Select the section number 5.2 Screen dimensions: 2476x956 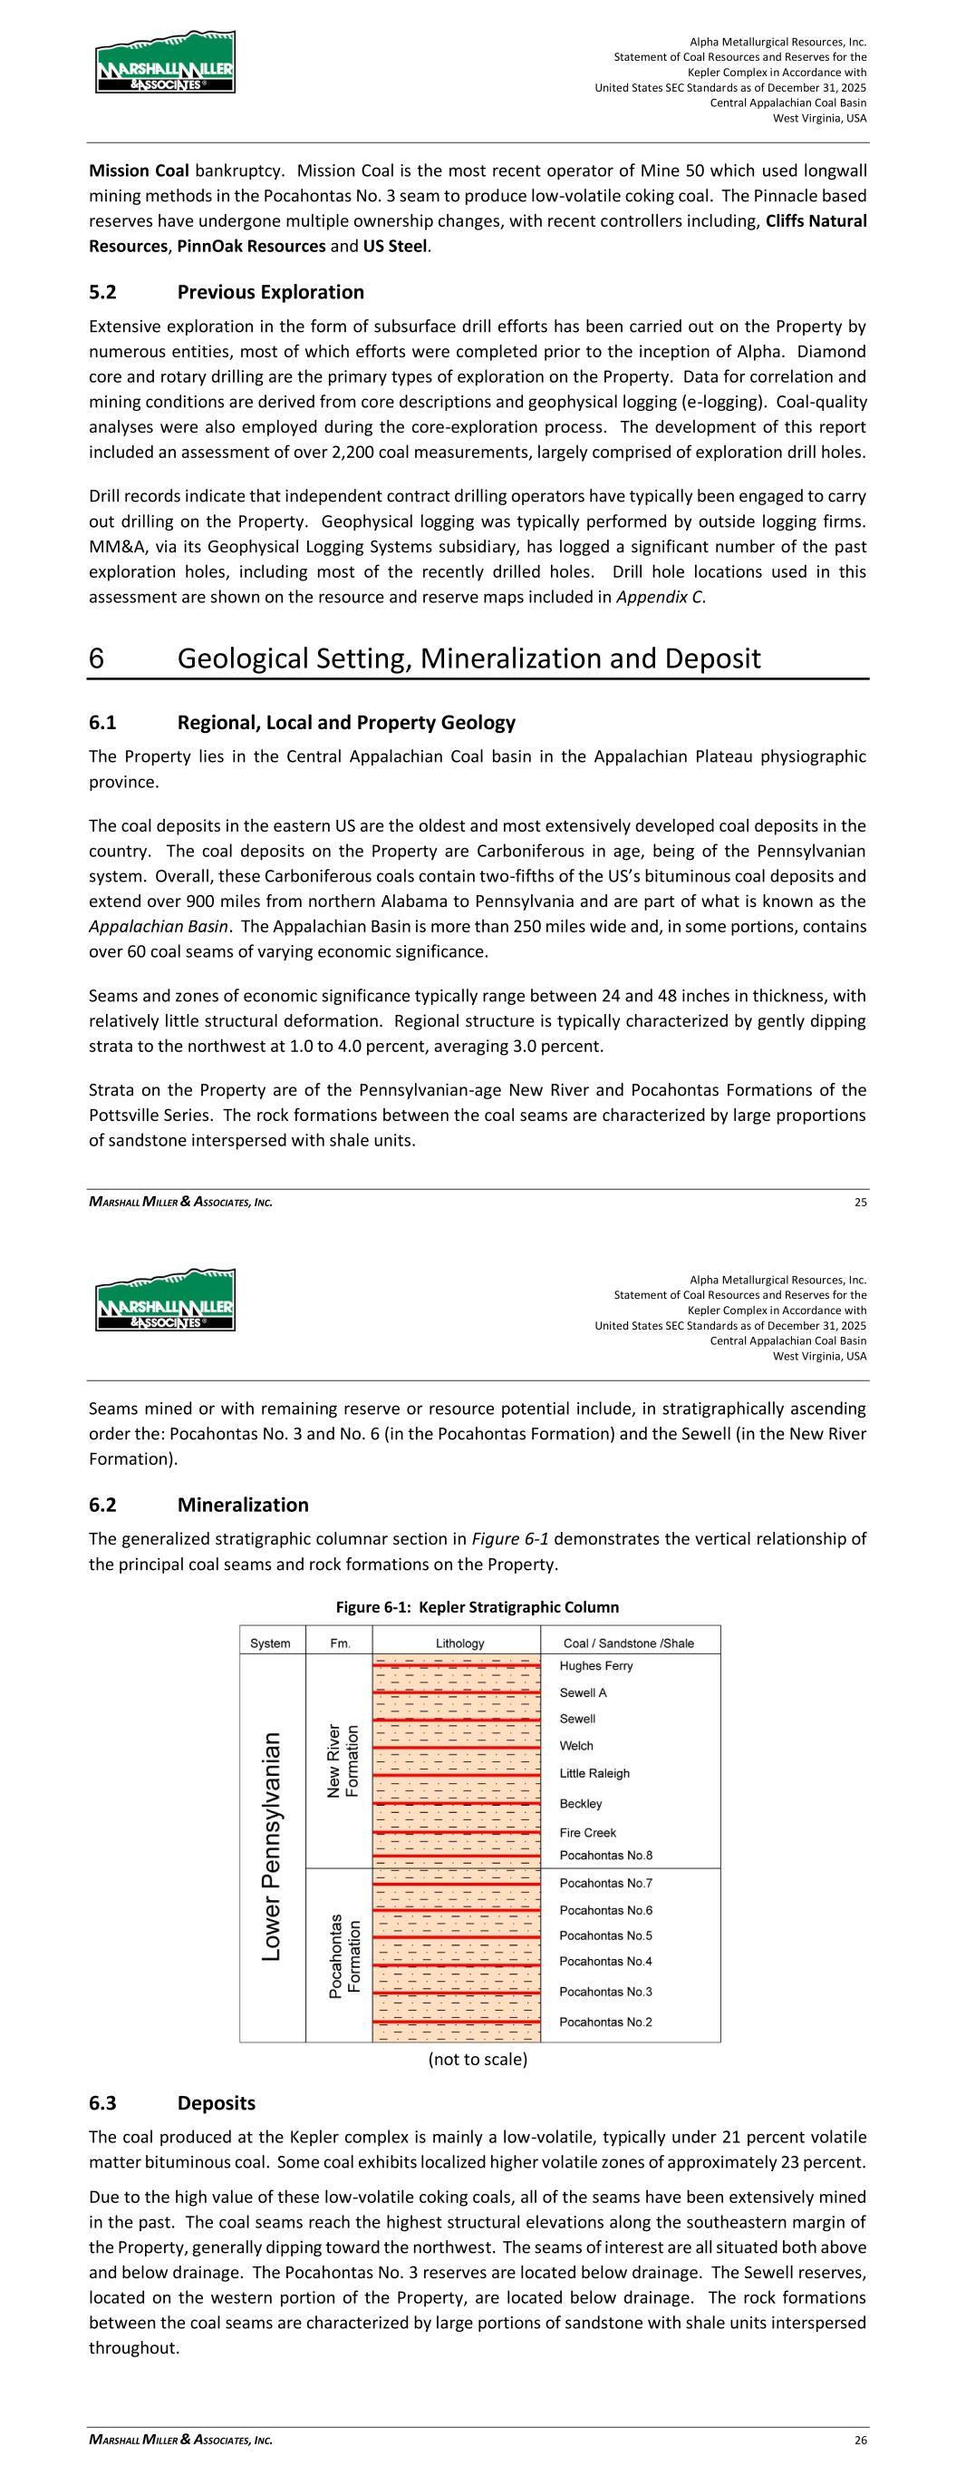(107, 292)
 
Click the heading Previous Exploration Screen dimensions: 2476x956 (271, 292)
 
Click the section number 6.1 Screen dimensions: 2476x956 (107, 723)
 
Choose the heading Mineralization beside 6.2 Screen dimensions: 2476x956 (243, 1506)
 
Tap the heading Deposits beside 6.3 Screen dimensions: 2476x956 (217, 2103)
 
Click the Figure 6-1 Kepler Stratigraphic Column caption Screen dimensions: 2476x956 (477, 1607)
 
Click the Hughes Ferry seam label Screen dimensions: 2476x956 (595, 1666)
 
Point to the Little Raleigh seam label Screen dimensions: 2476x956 (594, 1773)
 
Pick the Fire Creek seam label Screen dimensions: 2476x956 (588, 1833)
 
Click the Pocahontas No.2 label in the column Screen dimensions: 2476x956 (605, 2022)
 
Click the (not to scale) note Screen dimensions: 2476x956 (478, 2059)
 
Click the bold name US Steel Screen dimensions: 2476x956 (395, 246)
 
